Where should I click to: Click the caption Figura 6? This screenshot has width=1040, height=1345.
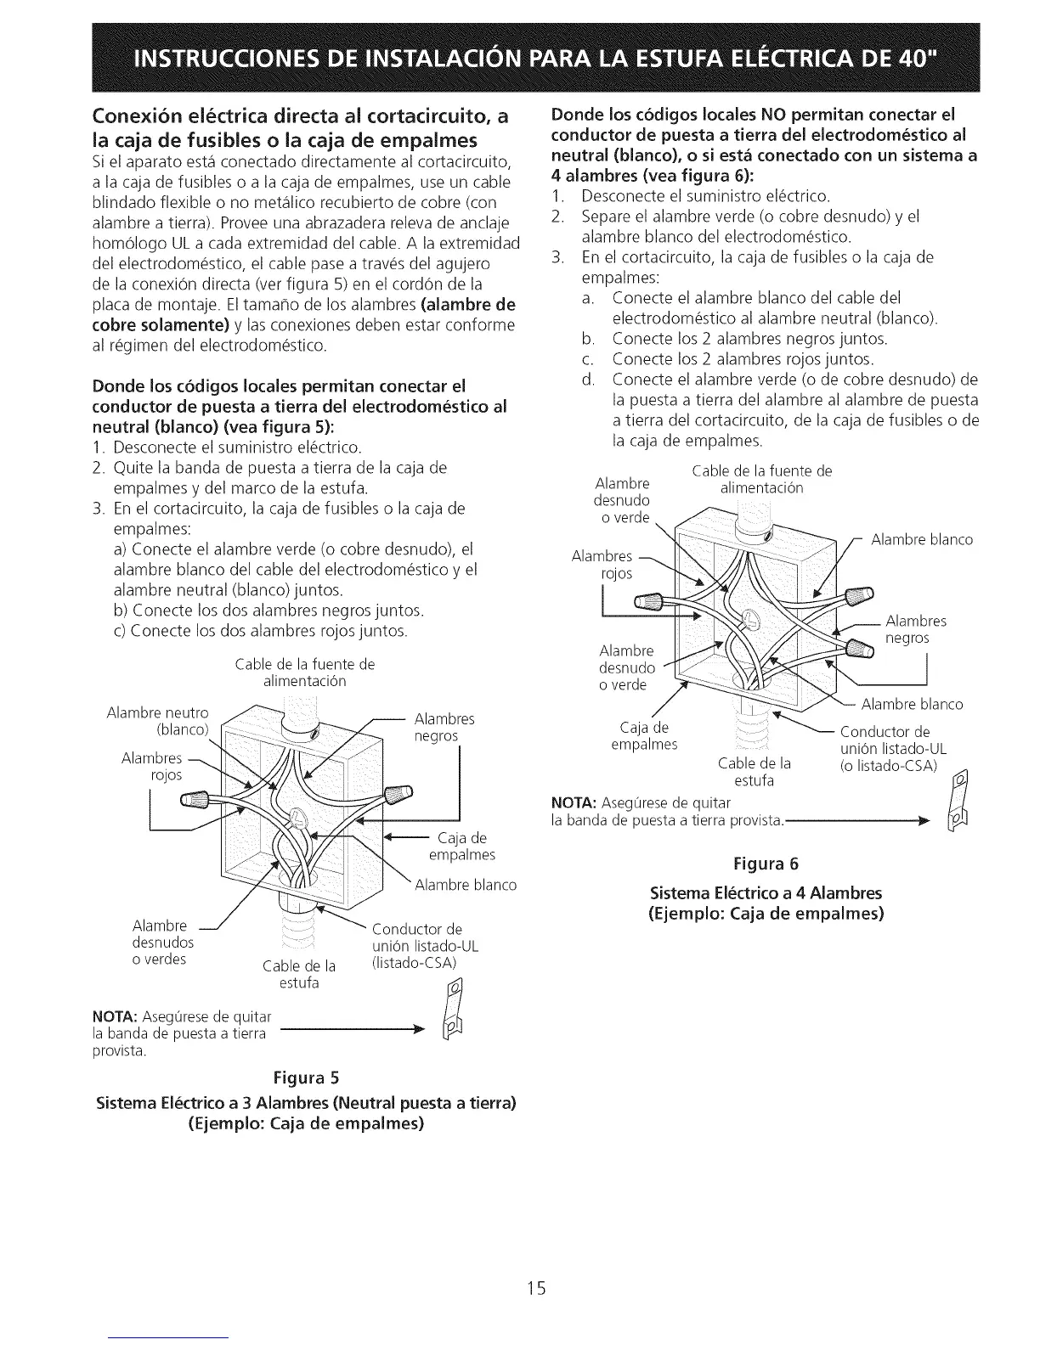(x=766, y=864)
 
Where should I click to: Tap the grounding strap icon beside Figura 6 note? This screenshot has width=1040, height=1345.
(x=959, y=802)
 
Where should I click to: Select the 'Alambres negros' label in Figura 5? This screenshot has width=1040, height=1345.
(x=444, y=728)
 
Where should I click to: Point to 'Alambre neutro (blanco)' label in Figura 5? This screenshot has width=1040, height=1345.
(x=158, y=721)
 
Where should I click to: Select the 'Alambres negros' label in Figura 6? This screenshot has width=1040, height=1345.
(x=916, y=629)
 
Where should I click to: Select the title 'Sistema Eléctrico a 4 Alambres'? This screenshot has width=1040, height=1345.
(x=766, y=893)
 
